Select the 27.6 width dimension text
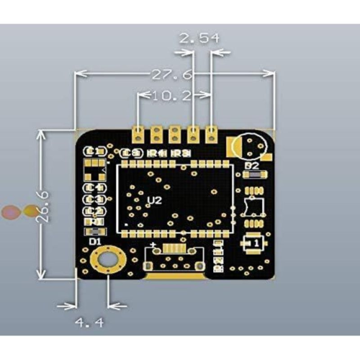171,73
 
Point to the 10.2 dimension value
167,95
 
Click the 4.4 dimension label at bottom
89,323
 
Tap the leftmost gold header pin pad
138,133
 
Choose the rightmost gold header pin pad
212,133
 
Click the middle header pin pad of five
174,133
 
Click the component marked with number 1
254,246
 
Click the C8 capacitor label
130,153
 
